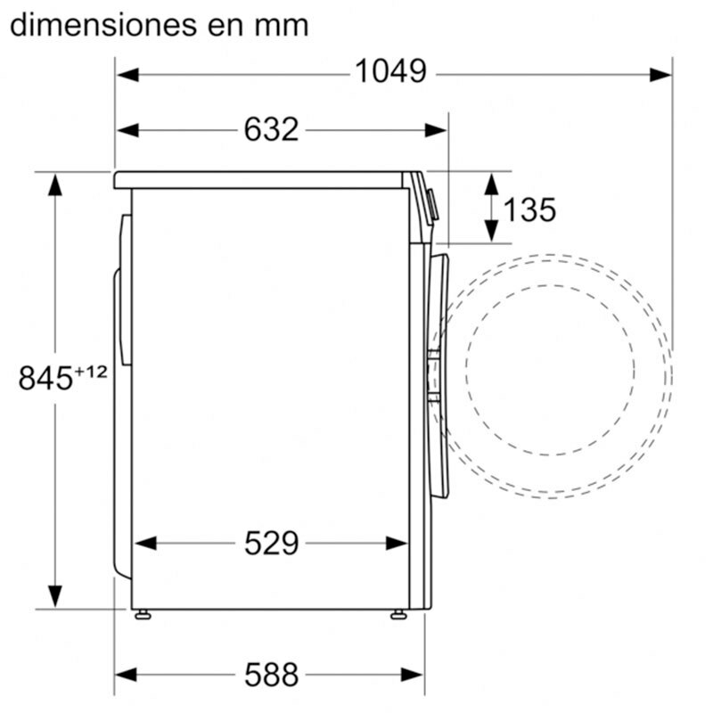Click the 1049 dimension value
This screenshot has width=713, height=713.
coord(390,72)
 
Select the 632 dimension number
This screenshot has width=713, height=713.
coord(271,130)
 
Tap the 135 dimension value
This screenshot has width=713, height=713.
coord(529,210)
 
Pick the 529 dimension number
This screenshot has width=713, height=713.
coord(271,543)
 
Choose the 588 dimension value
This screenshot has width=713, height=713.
coord(271,675)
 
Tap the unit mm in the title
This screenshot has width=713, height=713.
coord(283,25)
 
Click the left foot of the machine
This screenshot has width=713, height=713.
coord(142,614)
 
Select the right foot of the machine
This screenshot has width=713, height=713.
coord(398,614)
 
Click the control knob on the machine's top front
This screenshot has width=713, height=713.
coord(432,206)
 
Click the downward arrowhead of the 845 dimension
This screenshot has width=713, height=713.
coord(55,595)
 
